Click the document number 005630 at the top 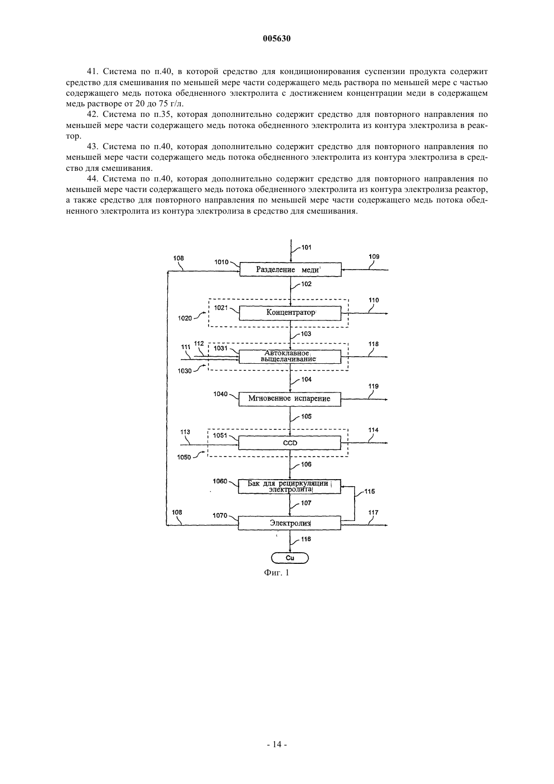276,38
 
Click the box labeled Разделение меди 290,270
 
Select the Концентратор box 290,313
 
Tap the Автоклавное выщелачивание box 290,357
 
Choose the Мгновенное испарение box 290,399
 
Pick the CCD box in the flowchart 290,443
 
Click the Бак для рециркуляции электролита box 290,487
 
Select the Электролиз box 290,523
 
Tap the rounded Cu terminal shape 290,558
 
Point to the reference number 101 306,247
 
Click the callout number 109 374,256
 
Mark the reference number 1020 185,318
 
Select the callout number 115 369,491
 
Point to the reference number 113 185,432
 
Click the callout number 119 374,386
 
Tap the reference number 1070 220,515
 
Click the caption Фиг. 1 276,573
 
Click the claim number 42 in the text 92,114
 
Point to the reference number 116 306,539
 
